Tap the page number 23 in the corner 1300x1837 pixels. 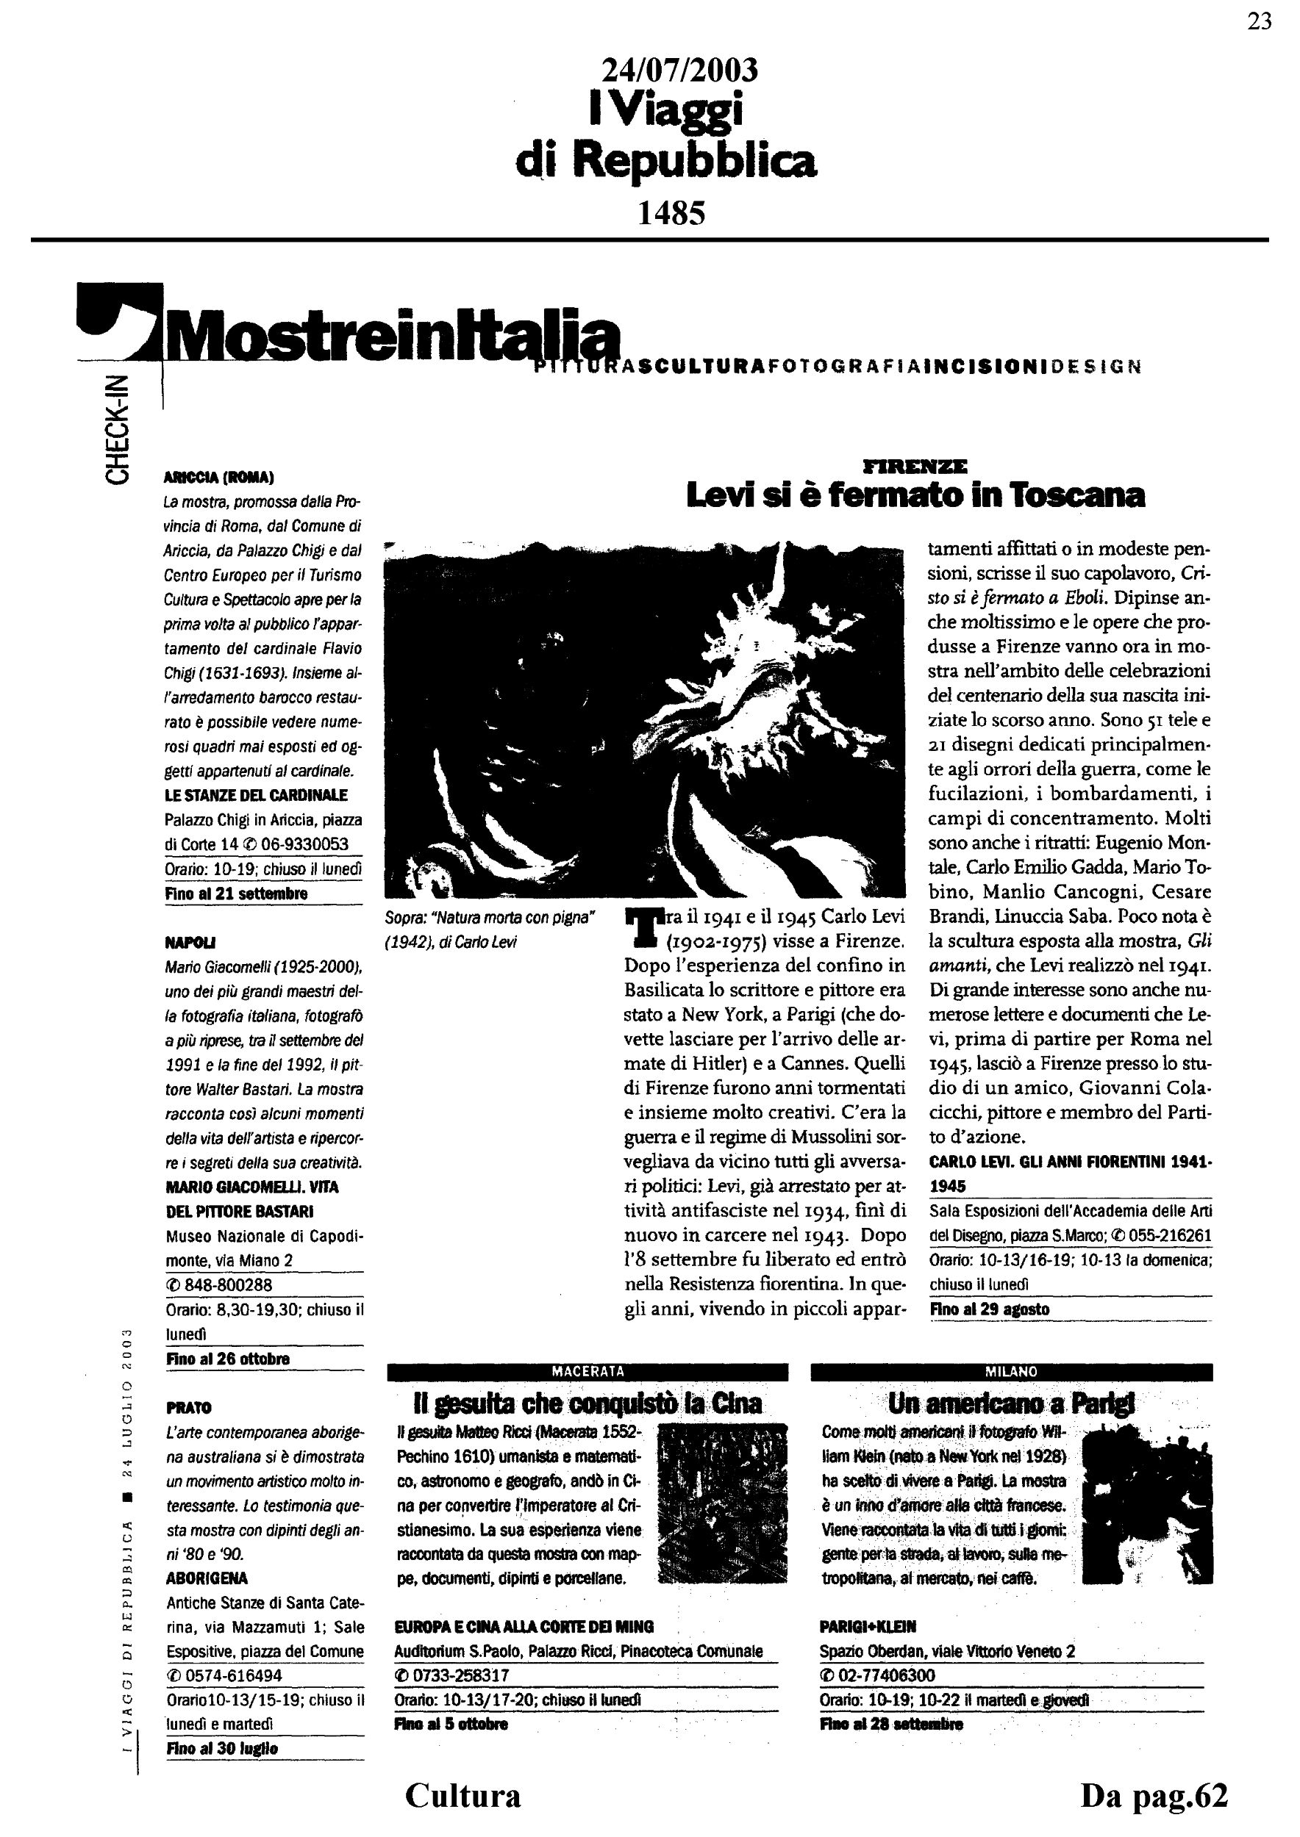(1259, 21)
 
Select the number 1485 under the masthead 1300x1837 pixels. (671, 213)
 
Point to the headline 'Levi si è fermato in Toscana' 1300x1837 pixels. (915, 496)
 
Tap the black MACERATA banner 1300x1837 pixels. (587, 1371)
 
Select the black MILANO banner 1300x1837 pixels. (1011, 1371)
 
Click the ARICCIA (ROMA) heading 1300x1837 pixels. (218, 478)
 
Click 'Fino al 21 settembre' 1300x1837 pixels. (236, 894)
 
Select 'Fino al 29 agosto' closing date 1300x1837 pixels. (990, 1309)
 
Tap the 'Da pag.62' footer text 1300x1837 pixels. (1154, 1795)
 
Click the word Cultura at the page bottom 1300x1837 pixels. (463, 1795)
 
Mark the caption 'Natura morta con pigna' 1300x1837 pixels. (490, 919)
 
